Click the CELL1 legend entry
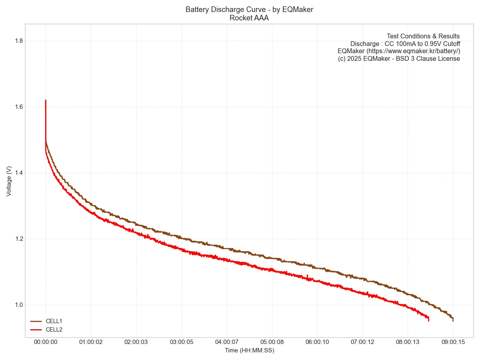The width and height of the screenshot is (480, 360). pos(54,321)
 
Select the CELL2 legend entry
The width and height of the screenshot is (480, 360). pos(54,330)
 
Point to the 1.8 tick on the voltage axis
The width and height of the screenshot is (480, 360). pos(19,41)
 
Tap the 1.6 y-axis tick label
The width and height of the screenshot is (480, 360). pos(19,107)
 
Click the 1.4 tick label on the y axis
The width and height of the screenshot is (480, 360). pos(19,173)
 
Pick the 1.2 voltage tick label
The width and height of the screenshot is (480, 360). pos(19,239)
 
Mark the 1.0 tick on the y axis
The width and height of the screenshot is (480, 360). pos(19,305)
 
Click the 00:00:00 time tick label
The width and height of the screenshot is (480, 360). pos(46,342)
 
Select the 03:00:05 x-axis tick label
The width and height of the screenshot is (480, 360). pos(182,342)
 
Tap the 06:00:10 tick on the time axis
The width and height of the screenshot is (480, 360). pos(317,342)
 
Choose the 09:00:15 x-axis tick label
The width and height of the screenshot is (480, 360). pos(453,342)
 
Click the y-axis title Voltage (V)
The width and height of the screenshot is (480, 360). pos(9,181)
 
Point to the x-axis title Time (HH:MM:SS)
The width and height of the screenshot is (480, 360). pos(249,350)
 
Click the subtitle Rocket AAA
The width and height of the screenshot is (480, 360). pos(249,18)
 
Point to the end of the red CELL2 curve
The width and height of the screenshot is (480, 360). pos(428,320)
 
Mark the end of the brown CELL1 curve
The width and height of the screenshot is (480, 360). pos(453,320)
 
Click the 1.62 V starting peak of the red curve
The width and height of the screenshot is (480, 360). pos(46,100)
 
